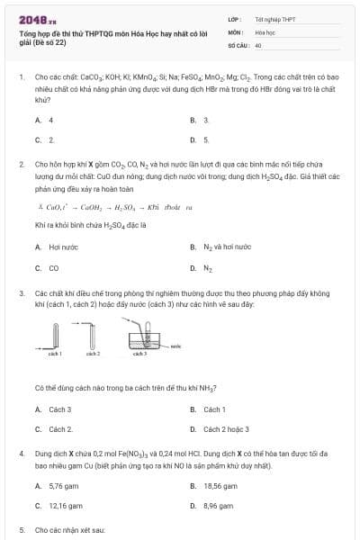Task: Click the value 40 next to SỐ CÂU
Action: click(258, 44)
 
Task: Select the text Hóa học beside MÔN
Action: click(265, 31)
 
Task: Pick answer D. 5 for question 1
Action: click(200, 139)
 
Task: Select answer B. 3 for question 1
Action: click(200, 120)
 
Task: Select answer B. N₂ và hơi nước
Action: click(220, 247)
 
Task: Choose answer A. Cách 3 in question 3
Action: click(55, 409)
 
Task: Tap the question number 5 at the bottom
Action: click(22, 530)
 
